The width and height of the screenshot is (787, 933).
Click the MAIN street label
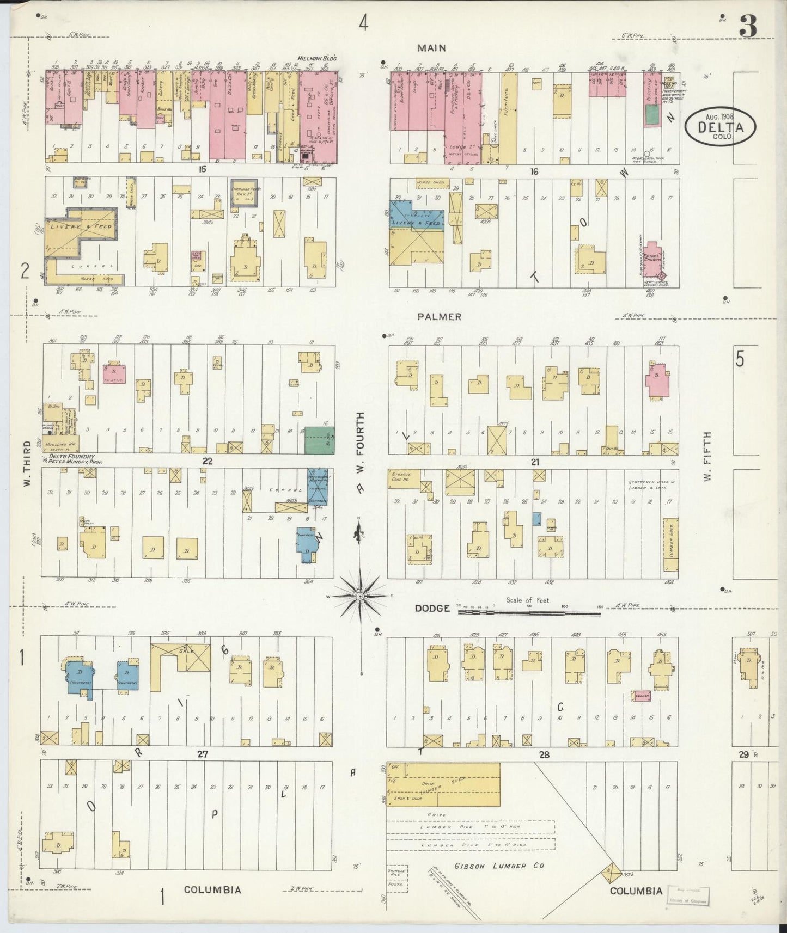pos(431,48)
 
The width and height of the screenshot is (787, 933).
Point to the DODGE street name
pos(432,608)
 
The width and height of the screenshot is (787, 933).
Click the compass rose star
pos(360,597)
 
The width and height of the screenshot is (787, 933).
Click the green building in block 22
pos(319,440)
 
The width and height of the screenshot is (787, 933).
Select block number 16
pos(534,171)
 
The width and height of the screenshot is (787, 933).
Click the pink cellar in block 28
pos(641,696)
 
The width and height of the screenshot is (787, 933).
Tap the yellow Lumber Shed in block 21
pos(670,544)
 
